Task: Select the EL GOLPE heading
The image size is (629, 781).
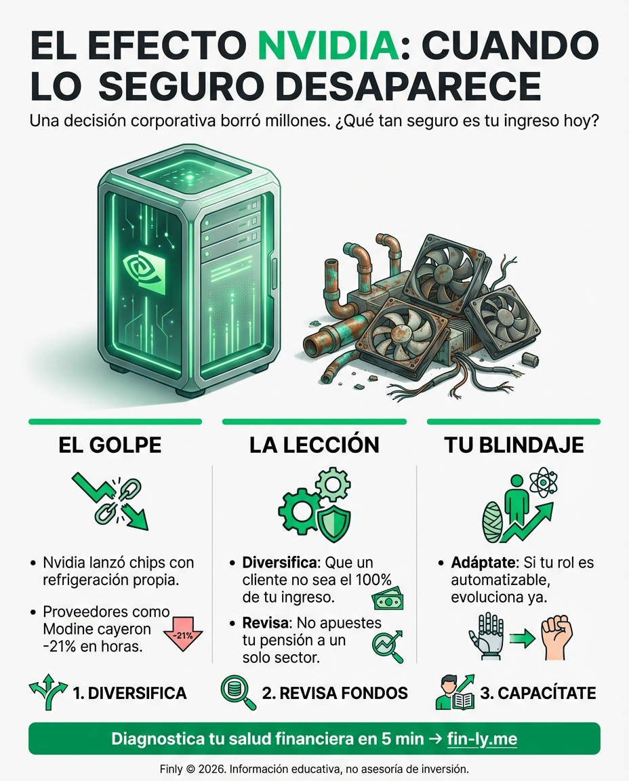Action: tap(110, 445)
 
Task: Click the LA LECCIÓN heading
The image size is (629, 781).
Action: tap(314, 445)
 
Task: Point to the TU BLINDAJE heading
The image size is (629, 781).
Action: tap(514, 445)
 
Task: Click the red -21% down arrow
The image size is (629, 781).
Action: tap(184, 635)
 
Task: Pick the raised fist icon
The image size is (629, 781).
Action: tap(556, 638)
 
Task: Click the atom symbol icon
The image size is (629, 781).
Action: tap(543, 483)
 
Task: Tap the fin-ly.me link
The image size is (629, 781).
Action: tap(482, 738)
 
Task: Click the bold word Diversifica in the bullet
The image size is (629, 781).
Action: tap(281, 563)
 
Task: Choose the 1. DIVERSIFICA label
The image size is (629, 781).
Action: tap(129, 693)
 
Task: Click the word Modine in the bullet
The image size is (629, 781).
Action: tap(67, 629)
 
